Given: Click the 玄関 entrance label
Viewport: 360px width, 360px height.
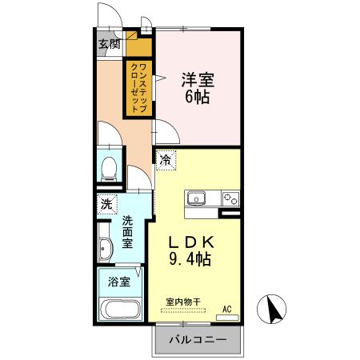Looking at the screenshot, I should tap(109, 44).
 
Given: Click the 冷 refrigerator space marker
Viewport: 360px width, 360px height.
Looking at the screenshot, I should tap(165, 160).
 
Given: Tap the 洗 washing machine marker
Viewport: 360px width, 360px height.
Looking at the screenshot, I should tap(106, 204).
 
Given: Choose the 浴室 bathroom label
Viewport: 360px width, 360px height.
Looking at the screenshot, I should tap(118, 282).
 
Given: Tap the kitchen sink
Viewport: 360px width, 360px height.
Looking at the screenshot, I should tap(197, 198).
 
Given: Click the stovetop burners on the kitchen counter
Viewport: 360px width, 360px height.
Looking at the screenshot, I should tap(230, 198).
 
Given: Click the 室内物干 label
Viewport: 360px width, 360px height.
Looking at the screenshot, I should tap(182, 302).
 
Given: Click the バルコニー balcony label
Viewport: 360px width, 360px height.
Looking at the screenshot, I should tap(196, 340).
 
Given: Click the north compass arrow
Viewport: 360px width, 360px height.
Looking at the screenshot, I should tap(270, 308).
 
